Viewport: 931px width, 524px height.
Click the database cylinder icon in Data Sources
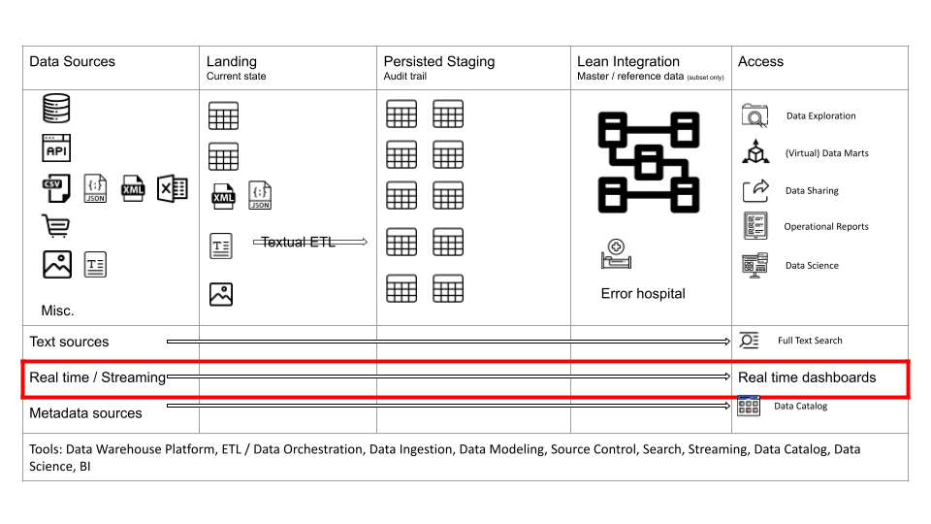(56, 108)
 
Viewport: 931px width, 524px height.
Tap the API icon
(56, 147)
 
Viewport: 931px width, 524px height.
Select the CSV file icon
(56, 188)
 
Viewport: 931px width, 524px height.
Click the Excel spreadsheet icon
(173, 188)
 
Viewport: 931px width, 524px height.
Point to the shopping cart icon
(56, 226)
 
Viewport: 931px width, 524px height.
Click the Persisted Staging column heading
(438, 61)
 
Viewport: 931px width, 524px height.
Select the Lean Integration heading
(628, 61)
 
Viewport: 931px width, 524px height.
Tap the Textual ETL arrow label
(298, 242)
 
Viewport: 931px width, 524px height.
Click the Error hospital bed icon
(617, 253)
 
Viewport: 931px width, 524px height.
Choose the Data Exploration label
(821, 115)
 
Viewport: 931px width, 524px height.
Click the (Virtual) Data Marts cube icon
(755, 151)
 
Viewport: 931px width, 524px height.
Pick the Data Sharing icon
(755, 191)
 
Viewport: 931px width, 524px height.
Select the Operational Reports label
(826, 226)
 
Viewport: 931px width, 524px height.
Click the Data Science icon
(755, 265)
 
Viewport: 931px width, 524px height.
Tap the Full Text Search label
(810, 341)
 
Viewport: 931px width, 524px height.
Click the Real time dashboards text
(807, 377)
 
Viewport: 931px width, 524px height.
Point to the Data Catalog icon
(749, 406)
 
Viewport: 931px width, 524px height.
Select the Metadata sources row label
(85, 413)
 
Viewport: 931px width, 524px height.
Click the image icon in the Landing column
(221, 294)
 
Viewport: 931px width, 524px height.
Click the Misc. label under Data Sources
(57, 311)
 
